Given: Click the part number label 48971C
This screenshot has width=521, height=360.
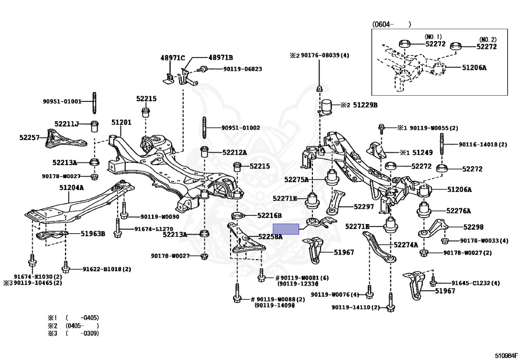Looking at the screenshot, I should (172, 58).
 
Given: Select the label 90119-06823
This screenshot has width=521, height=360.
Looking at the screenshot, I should (235, 69).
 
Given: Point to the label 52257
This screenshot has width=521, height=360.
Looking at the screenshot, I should (30, 137).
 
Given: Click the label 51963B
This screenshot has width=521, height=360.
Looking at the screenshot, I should (93, 234).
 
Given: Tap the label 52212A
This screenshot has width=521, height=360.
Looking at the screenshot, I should (234, 152).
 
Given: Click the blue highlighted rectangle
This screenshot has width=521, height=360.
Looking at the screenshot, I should (286, 229).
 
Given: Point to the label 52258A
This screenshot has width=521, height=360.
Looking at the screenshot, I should (270, 236).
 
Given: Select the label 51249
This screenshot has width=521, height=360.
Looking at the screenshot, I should (422, 152).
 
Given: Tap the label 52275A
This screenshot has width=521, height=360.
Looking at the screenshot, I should (297, 179).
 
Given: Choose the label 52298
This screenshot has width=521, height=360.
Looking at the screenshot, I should (473, 227).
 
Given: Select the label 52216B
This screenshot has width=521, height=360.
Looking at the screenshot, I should (269, 215).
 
